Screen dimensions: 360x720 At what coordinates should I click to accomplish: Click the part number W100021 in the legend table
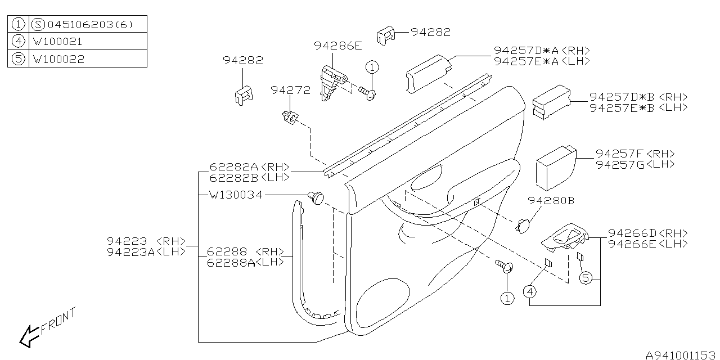(58, 41)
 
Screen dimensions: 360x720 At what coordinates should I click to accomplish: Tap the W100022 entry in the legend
(58, 58)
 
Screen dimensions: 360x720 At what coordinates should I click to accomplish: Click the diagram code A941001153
(681, 354)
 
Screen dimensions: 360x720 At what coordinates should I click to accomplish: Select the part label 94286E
(337, 47)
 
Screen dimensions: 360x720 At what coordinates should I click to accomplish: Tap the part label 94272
(290, 90)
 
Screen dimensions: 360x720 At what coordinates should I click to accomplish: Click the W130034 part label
(235, 195)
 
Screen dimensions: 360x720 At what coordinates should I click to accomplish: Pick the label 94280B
(551, 200)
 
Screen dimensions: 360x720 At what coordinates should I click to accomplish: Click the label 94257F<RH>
(635, 154)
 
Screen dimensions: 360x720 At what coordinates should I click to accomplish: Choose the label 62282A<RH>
(249, 167)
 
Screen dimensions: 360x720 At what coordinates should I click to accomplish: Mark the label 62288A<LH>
(245, 262)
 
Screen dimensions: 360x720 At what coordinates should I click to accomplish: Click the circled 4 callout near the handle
(529, 291)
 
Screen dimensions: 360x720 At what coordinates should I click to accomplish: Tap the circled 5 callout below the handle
(585, 277)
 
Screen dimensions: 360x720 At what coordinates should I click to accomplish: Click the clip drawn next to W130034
(316, 197)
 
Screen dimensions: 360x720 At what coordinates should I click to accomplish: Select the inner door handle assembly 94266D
(565, 237)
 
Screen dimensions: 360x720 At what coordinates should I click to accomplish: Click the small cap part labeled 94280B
(523, 225)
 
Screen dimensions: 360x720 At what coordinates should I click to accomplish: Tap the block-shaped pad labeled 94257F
(554, 167)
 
